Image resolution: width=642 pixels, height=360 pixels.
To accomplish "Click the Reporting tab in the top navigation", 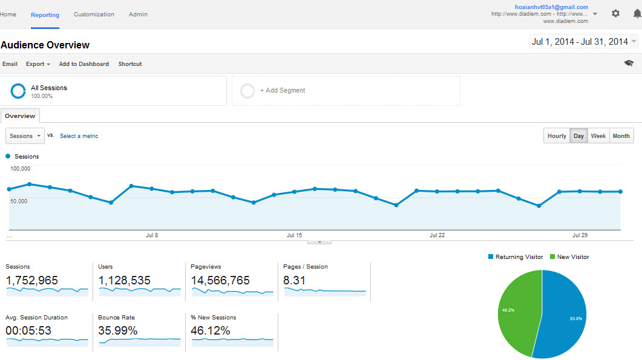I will coord(45,15).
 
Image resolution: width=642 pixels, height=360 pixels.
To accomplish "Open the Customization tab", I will coord(94,15).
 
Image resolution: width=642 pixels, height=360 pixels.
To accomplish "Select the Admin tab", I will coord(138,15).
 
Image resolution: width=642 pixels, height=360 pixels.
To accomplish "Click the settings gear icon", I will coord(615,13).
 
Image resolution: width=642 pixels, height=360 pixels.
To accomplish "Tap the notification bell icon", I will coord(637,13).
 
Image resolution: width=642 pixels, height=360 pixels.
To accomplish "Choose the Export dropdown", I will coord(38,64).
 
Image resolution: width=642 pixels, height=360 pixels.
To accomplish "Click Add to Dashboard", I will coord(84,64).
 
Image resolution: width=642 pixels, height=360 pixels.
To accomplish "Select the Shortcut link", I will coord(130,64).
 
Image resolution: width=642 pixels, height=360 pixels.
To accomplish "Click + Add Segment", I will coord(283,91).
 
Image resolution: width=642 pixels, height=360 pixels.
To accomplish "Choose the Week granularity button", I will coord(598,136).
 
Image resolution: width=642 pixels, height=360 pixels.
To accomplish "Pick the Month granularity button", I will coord(621,136).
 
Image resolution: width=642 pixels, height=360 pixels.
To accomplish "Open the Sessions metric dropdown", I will coord(25,136).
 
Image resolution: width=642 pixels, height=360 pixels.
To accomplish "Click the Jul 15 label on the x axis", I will coord(294,235).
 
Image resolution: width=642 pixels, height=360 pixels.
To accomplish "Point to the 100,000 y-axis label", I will coord(21,169).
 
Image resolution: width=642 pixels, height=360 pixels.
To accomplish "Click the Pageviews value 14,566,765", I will coord(220,280).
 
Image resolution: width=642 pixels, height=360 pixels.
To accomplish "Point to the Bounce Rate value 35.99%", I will coord(118,331).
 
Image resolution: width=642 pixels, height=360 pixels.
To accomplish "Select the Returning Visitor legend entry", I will coord(516,257).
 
